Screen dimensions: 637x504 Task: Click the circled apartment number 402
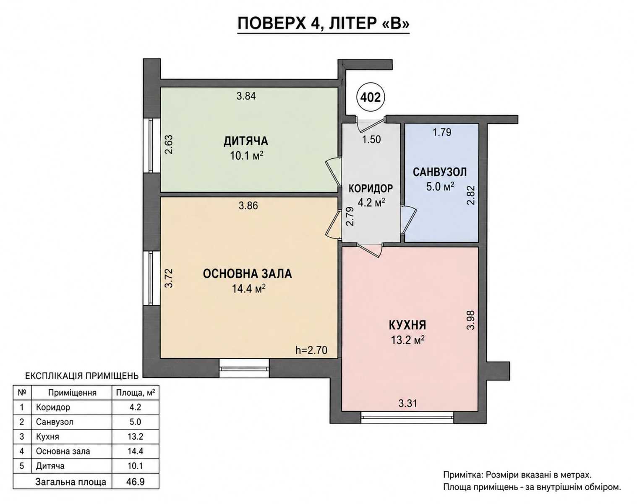pos(371,97)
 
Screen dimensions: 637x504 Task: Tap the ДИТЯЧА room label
pos(245,141)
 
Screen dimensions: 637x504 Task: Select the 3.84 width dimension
pos(246,96)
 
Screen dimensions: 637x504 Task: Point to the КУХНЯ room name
pos(407,325)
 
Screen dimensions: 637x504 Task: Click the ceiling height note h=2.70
pos(311,350)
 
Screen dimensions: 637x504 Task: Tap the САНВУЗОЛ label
pos(440,172)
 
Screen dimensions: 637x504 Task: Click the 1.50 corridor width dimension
pos(371,139)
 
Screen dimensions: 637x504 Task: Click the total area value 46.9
pos(135,481)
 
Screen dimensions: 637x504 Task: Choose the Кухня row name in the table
pos(47,436)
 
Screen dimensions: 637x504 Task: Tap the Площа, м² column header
pos(135,393)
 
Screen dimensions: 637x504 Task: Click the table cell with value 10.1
pos(135,466)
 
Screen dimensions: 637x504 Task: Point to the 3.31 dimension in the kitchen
pos(407,404)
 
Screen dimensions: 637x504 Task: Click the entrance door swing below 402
pos(370,124)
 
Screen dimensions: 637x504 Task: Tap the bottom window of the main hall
pos(244,368)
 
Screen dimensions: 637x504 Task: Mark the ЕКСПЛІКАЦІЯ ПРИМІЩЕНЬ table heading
pos(82,376)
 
